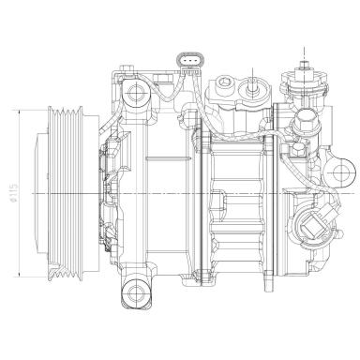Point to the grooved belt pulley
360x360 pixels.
tap(68, 191)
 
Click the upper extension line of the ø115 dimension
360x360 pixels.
tap(37, 107)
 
